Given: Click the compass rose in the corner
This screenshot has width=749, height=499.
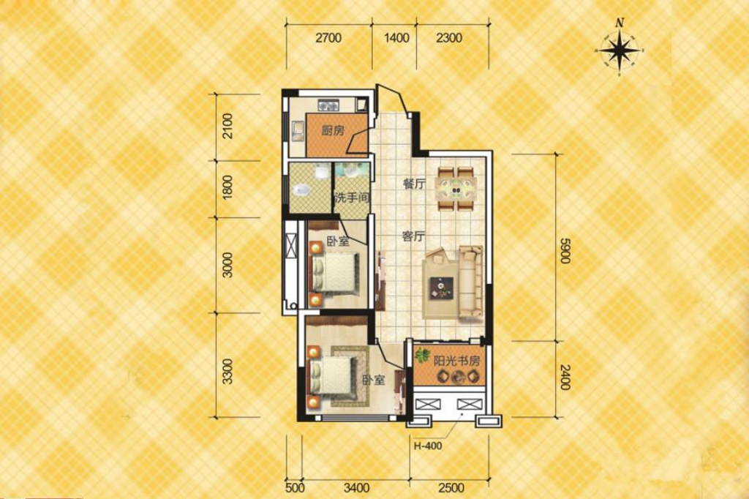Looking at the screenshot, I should point(620,50).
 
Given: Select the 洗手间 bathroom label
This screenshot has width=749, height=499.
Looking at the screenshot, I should point(351,198).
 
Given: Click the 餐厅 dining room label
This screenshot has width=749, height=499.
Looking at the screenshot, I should point(414,184).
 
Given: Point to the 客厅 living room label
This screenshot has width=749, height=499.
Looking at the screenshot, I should point(414,236).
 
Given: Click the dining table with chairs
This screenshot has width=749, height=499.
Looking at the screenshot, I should point(456,189).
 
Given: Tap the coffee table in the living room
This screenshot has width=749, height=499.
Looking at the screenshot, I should point(442,287).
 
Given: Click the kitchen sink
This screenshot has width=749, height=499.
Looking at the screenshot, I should point(298,132).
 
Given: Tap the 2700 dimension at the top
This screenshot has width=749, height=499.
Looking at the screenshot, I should point(328,39).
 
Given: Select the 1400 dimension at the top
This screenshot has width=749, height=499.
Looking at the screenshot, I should point(395,39).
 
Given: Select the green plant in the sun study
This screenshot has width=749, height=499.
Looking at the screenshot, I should point(422,357).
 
